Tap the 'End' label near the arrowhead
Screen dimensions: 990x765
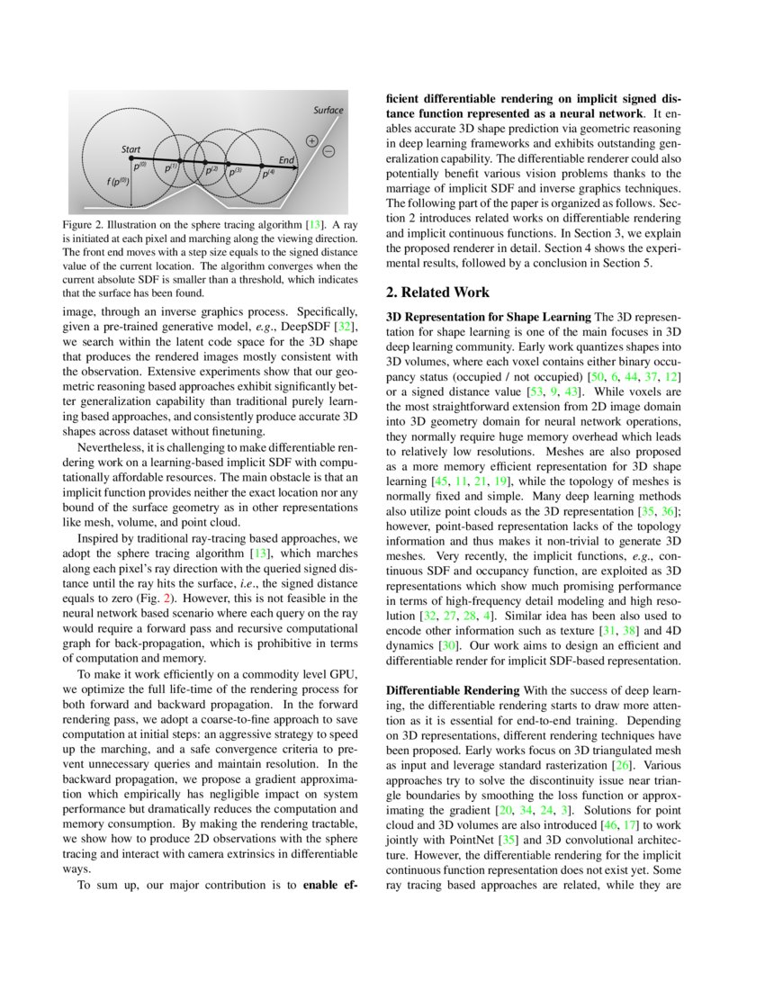[x=286, y=160]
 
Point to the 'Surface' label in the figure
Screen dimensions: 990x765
[x=328, y=110]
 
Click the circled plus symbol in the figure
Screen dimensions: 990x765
[x=311, y=140]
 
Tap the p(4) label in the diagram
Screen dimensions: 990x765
[x=267, y=174]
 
